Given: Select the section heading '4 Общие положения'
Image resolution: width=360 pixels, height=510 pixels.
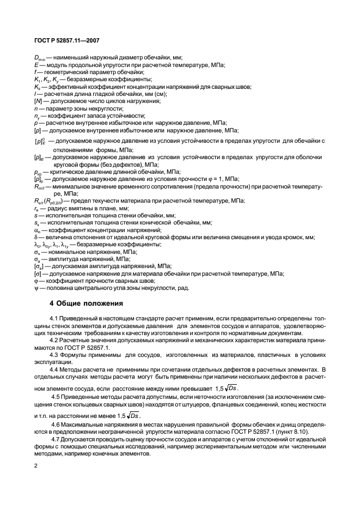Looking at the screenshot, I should coord(86,302).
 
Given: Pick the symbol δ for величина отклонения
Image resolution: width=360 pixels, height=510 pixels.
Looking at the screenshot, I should coord(36,237).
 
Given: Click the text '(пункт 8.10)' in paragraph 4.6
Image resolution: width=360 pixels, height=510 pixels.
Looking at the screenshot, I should coord(296,430).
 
